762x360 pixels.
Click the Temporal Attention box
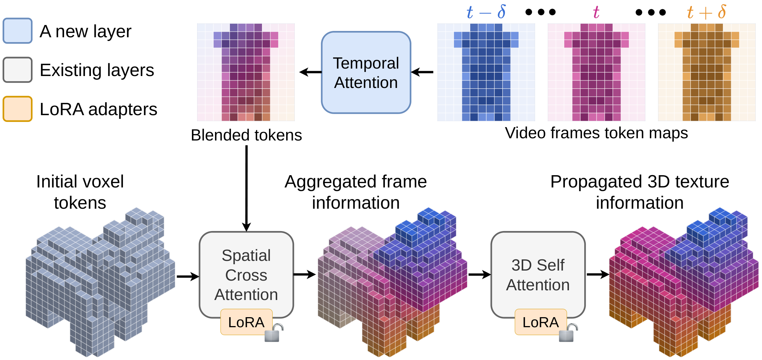pyautogui.click(x=366, y=72)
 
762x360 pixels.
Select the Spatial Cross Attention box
pyautogui.click(x=246, y=275)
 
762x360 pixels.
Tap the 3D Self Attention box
pyautogui.click(x=538, y=275)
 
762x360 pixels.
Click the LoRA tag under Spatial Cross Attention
pyautogui.click(x=246, y=322)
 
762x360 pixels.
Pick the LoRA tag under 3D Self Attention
pyautogui.click(x=541, y=322)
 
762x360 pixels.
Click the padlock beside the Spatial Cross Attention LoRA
pyautogui.click(x=274, y=332)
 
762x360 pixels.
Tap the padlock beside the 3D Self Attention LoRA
pyautogui.click(x=568, y=332)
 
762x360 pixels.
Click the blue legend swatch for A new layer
pyautogui.click(x=18, y=31)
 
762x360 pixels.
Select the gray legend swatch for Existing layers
pyautogui.click(x=18, y=70)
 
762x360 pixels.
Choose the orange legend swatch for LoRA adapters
pyautogui.click(x=18, y=109)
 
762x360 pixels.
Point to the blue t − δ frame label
pyautogui.click(x=486, y=12)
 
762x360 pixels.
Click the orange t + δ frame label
pyautogui.click(x=706, y=12)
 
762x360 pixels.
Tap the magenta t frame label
pyautogui.click(x=596, y=13)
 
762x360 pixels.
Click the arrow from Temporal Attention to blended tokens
pyautogui.click(x=310, y=72)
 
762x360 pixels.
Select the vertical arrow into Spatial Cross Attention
pyautogui.click(x=246, y=188)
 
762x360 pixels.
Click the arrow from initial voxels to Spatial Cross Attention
pyautogui.click(x=188, y=277)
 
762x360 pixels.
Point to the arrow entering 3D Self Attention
pyautogui.click(x=480, y=275)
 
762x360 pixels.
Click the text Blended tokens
pyautogui.click(x=246, y=135)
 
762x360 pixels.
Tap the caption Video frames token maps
pyautogui.click(x=596, y=133)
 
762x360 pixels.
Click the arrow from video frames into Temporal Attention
pyautogui.click(x=422, y=72)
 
